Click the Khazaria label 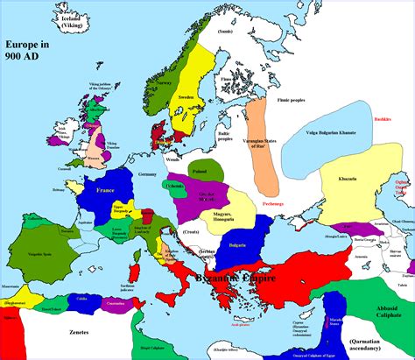tap(347, 179)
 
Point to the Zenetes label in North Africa tap(79, 334)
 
